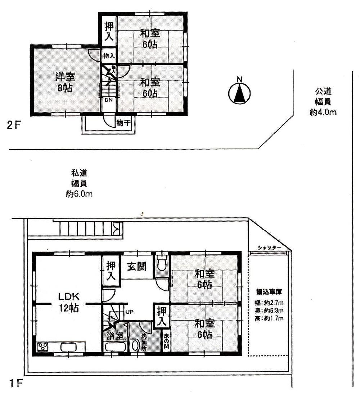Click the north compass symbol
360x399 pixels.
tap(239, 94)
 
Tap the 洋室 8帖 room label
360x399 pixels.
tap(65, 82)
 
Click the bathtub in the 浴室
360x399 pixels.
tap(115, 348)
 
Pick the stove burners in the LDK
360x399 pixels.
tap(43, 347)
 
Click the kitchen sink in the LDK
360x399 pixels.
tap(68, 347)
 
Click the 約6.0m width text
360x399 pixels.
tap(79, 195)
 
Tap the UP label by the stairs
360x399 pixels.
tap(129, 312)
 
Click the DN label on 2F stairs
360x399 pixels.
tap(108, 100)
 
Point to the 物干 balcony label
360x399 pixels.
tap(123, 123)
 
